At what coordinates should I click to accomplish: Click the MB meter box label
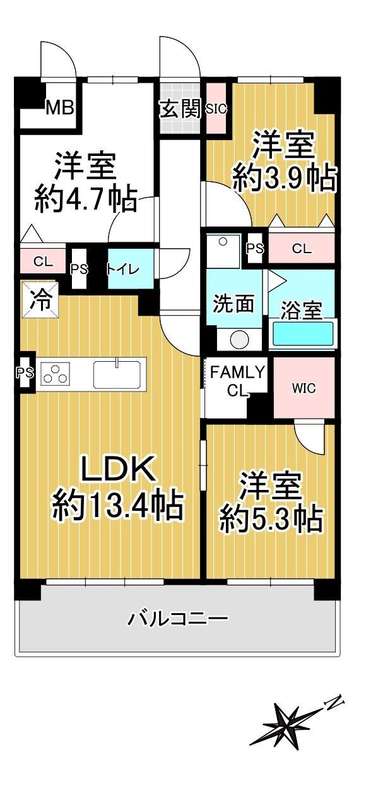coord(61,107)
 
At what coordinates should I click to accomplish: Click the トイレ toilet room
coord(131,269)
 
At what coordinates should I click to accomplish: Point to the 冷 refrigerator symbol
coord(40,300)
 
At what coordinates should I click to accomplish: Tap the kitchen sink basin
coord(117,374)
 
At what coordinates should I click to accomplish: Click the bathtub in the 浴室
coord(303,334)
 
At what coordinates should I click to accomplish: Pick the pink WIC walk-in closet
coord(304,388)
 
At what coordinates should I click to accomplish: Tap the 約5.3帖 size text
coord(271,519)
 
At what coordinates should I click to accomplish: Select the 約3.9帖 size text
coord(285,178)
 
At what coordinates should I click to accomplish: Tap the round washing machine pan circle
coord(239,339)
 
